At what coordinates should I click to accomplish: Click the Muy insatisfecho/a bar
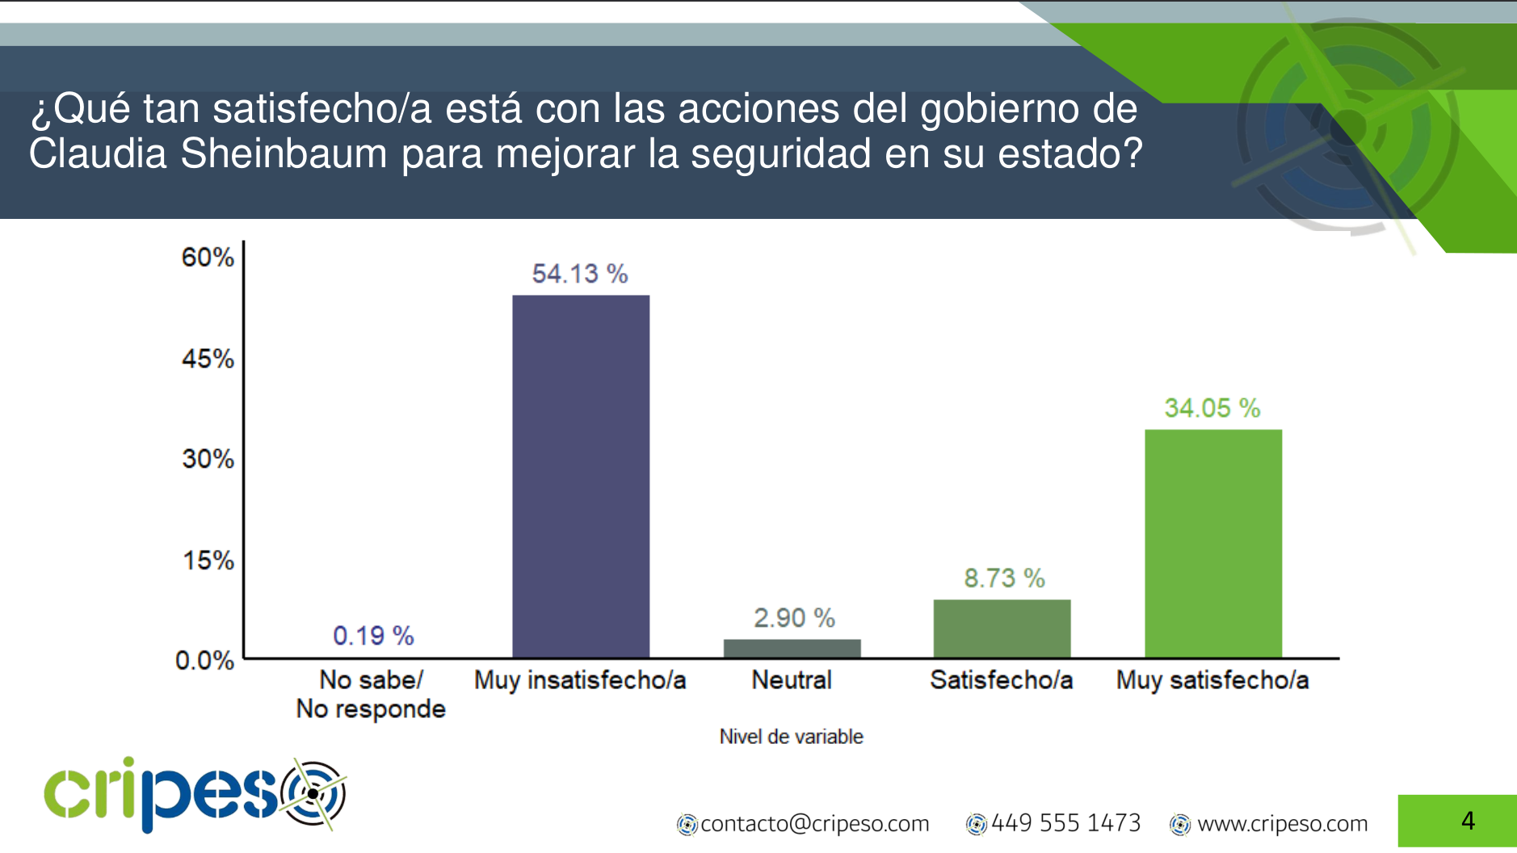coord(581,476)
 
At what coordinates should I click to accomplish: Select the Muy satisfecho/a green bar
coord(1212,543)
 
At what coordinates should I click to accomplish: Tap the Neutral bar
coord(792,648)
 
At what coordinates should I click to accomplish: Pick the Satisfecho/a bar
coord(1002,628)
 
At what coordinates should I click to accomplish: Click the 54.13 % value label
coord(579,274)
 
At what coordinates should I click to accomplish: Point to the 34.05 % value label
coord(1212,408)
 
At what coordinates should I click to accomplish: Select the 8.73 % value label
coord(1004,578)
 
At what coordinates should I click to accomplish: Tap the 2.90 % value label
coord(794,618)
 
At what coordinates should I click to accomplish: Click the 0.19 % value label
coord(373,636)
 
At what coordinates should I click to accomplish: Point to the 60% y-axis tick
coord(208,258)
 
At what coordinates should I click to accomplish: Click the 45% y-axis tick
coord(208,359)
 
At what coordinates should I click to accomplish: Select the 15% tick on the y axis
coord(208,561)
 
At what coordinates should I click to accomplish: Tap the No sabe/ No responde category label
coord(371,694)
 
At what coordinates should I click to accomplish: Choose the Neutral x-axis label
coord(792,680)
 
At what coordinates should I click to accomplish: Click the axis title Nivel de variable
coord(791,737)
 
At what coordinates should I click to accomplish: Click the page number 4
coord(1468,821)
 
